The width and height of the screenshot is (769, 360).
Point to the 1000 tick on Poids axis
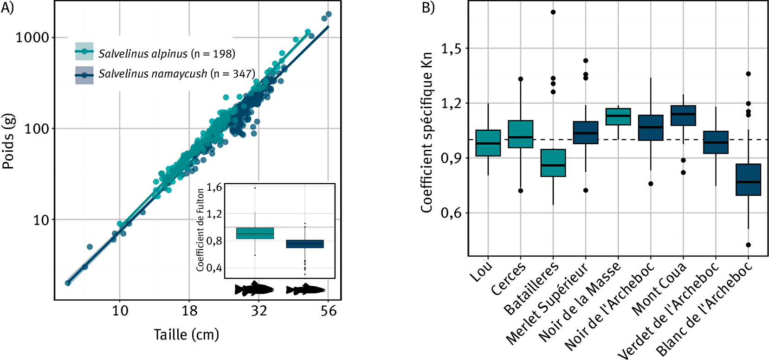pyautogui.click(x=32, y=38)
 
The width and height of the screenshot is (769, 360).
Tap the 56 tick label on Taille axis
pyautogui.click(x=328, y=310)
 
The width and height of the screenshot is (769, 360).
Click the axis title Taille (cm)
pyautogui.click(x=186, y=334)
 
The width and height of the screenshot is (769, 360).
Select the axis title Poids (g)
pyautogui.click(x=9, y=141)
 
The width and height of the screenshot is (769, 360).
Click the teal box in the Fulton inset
pyautogui.click(x=255, y=233)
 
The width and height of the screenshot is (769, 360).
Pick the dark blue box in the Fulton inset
pyautogui.click(x=305, y=244)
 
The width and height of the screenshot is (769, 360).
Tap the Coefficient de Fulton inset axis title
pyautogui.click(x=200, y=229)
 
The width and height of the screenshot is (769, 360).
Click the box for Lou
pyautogui.click(x=488, y=143)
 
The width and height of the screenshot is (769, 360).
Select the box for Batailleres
pyautogui.click(x=553, y=163)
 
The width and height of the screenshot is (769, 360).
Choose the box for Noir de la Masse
pyautogui.click(x=618, y=116)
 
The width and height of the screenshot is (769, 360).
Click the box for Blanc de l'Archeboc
pyautogui.click(x=748, y=180)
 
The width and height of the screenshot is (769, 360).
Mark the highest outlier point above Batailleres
pyautogui.click(x=553, y=12)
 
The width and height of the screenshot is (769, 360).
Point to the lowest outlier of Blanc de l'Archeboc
pyautogui.click(x=748, y=245)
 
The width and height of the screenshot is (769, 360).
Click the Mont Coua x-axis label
pyautogui.click(x=659, y=289)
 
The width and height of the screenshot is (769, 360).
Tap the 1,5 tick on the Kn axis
pyautogui.click(x=452, y=48)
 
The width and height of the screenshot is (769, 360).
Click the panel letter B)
pyautogui.click(x=428, y=8)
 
